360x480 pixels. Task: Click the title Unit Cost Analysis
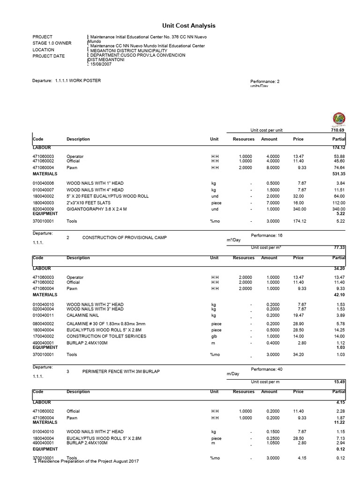coord(182,26)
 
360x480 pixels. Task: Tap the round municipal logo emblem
coord(339,120)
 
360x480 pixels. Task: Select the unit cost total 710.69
coord(338,130)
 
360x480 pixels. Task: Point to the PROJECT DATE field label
coord(49,56)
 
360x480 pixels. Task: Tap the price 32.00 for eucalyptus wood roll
coord(298,196)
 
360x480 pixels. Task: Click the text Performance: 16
coord(267,235)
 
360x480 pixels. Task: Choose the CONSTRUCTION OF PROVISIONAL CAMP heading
coord(124,238)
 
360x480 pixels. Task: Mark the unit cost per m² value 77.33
coord(339,247)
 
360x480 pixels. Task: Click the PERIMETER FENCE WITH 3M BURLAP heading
coord(121,372)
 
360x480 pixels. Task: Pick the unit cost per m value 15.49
coord(339,382)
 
